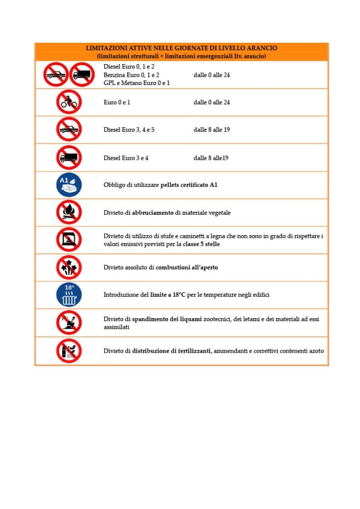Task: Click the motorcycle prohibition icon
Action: click(x=69, y=102)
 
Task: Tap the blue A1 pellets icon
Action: click(x=69, y=185)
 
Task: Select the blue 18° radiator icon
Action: click(x=69, y=295)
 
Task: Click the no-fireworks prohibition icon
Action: click(x=69, y=267)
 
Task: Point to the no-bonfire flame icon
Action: click(x=69, y=212)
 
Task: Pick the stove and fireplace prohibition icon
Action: click(x=69, y=240)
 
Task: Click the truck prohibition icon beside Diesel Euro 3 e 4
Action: click(x=69, y=157)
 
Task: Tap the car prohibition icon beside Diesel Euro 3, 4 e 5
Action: click(x=69, y=129)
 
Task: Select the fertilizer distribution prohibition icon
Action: click(x=69, y=350)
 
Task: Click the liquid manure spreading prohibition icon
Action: click(x=69, y=322)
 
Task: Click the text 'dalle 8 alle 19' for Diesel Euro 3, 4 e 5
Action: click(x=211, y=130)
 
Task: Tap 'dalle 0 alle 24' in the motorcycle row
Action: click(x=211, y=102)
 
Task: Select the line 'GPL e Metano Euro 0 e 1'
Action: click(x=136, y=83)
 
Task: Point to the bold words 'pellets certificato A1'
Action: click(x=189, y=185)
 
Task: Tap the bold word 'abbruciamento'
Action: click(x=153, y=213)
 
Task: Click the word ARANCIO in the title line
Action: click(x=263, y=48)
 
